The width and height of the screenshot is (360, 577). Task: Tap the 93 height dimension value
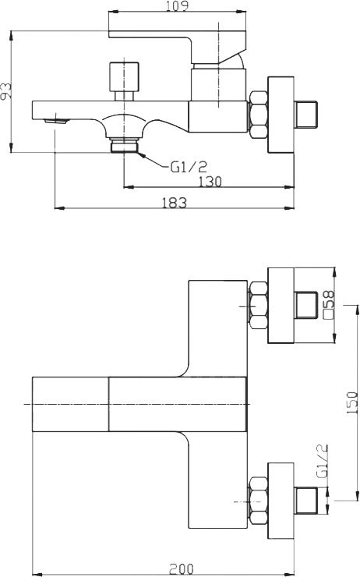tap(7, 92)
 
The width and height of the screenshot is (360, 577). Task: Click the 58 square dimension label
tap(330, 304)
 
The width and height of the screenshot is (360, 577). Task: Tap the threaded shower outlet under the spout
tap(123, 146)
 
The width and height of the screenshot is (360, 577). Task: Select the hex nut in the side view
tap(256, 114)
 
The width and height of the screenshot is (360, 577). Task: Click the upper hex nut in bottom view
tap(256, 305)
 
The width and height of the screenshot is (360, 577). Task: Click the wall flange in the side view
tap(280, 114)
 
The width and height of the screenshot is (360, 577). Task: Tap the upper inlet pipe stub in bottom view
tap(306, 305)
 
